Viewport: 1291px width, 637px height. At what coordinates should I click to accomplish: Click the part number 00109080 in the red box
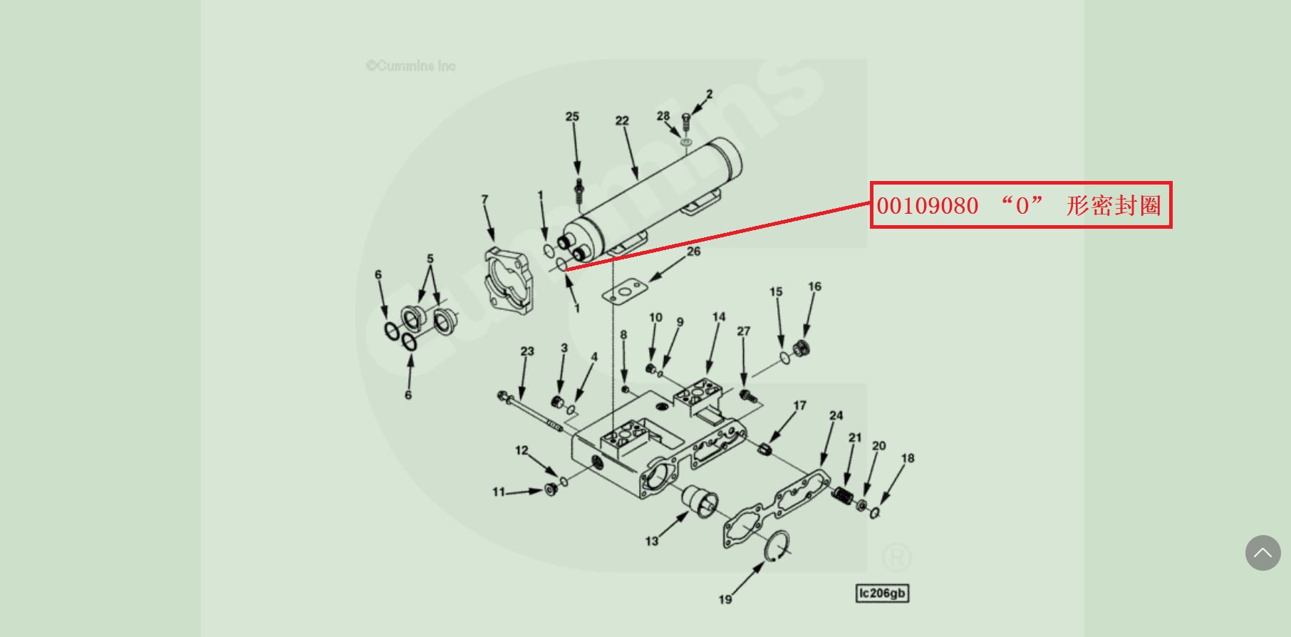click(x=927, y=206)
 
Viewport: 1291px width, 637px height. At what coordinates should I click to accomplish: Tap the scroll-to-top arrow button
click(x=1263, y=553)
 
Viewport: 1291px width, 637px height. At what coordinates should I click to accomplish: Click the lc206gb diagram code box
click(x=882, y=593)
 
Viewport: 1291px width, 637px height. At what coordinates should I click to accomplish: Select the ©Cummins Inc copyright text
click(x=411, y=66)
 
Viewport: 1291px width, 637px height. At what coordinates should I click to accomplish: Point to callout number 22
click(x=622, y=120)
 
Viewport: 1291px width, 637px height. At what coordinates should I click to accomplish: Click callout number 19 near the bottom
click(x=725, y=599)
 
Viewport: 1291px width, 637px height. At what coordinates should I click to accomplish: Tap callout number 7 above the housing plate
click(x=484, y=199)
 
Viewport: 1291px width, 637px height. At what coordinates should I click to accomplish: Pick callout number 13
click(x=652, y=541)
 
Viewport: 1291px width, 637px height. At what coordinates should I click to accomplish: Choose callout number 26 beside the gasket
click(x=693, y=251)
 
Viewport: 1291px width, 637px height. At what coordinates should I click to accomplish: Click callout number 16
click(x=814, y=286)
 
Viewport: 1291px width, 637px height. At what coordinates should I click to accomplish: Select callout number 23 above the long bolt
click(x=527, y=351)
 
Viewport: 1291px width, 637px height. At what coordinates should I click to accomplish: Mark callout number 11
click(x=499, y=492)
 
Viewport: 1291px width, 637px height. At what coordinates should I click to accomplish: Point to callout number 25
click(x=572, y=116)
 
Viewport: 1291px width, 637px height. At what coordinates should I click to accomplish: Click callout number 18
click(x=908, y=458)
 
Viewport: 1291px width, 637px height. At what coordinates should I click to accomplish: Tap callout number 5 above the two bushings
click(x=430, y=259)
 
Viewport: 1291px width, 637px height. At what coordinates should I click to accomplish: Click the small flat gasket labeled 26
click(x=625, y=292)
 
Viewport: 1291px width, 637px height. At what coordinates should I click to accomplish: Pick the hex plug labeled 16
click(x=801, y=348)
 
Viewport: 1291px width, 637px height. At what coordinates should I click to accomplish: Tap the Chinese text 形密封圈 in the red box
click(x=1114, y=206)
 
